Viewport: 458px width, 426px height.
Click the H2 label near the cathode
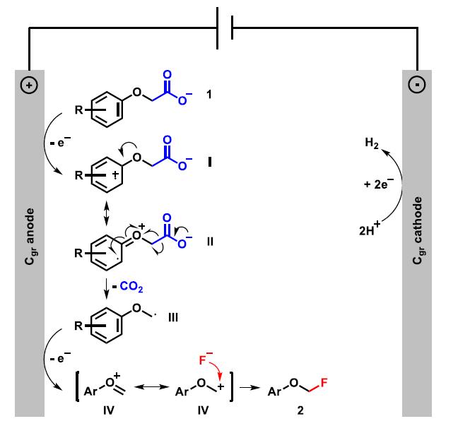click(370, 145)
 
